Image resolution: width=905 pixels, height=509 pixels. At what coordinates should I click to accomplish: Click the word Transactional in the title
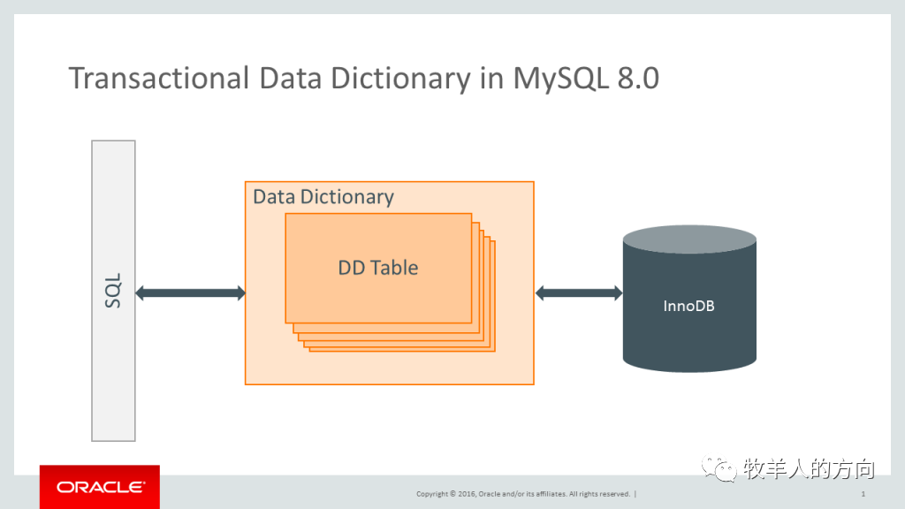click(160, 79)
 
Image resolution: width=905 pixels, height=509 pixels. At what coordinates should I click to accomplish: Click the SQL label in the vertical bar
click(113, 291)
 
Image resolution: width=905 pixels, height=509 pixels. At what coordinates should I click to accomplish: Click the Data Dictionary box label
click(323, 196)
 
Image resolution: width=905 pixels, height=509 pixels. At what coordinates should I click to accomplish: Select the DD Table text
click(378, 267)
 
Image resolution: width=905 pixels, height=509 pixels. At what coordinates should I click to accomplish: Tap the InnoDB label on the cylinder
click(688, 306)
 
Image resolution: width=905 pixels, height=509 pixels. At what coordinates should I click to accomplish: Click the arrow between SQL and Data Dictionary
click(190, 292)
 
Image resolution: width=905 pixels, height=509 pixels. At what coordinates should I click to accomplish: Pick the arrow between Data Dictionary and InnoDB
click(579, 292)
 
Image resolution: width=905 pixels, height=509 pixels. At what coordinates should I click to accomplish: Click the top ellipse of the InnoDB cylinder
click(689, 240)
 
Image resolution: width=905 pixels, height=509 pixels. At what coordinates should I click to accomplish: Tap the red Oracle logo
click(100, 487)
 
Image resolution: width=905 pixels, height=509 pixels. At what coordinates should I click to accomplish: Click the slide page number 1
click(863, 494)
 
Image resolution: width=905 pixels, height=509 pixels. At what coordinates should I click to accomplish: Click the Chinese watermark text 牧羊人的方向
click(808, 468)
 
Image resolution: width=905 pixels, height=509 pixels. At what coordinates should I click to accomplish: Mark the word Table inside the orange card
click(394, 267)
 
